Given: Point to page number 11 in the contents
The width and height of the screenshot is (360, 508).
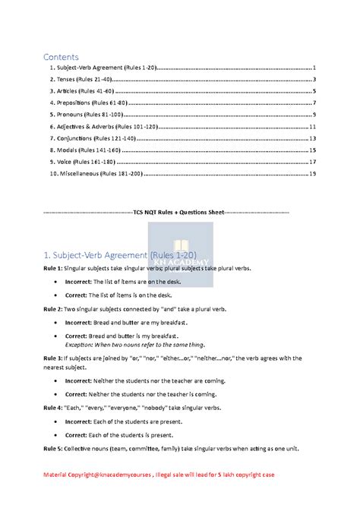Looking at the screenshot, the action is [313, 126].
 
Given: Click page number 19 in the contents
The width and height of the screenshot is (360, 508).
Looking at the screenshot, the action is [313, 174].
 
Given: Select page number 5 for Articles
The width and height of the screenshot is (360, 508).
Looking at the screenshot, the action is [314, 90].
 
